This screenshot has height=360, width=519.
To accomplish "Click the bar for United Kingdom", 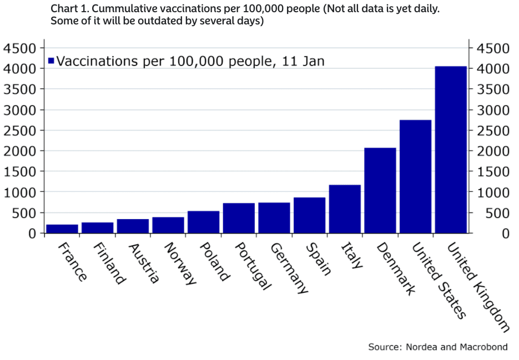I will [451, 150].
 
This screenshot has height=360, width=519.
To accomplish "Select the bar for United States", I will [415, 176].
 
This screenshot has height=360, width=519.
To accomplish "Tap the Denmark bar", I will [380, 190].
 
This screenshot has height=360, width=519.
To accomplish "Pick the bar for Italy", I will [345, 209].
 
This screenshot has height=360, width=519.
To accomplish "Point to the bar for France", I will [62, 229].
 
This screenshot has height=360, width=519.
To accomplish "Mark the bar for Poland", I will [203, 222].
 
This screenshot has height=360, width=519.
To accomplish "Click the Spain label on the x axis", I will [318, 259].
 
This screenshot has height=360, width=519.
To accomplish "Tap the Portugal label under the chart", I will [253, 266].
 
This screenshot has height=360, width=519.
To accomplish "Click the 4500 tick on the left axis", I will [19, 48].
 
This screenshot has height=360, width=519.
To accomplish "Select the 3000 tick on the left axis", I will [19, 110].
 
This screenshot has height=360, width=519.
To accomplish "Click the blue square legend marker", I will [51, 60].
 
